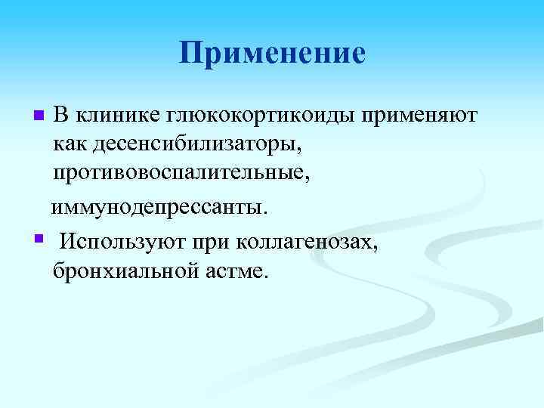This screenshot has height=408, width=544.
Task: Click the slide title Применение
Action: [272, 53]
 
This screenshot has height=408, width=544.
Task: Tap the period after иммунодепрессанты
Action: [265, 212]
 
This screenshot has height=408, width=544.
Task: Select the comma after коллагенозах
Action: [372, 247]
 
